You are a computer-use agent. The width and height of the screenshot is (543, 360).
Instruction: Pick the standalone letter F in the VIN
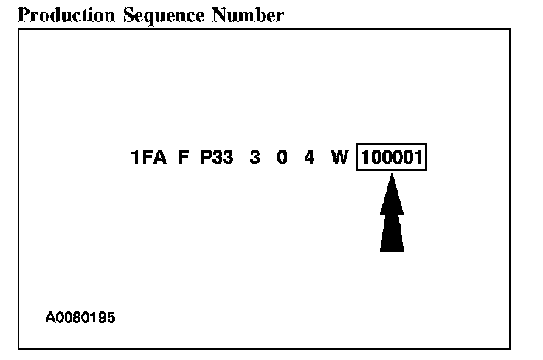click(x=183, y=158)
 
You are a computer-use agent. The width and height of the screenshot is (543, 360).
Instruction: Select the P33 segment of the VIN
click(x=217, y=158)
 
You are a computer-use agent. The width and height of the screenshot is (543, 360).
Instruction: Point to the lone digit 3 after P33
click(x=255, y=158)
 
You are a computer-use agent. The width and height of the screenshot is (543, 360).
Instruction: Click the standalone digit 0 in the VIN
click(x=282, y=158)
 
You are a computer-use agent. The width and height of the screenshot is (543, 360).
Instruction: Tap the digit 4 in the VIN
click(x=309, y=158)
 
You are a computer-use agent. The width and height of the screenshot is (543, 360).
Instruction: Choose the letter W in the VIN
click(x=339, y=158)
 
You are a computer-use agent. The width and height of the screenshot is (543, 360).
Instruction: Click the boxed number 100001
click(x=392, y=158)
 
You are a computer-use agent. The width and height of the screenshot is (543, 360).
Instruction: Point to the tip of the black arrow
click(x=392, y=176)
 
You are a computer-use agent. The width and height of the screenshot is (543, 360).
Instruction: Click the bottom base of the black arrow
click(x=392, y=249)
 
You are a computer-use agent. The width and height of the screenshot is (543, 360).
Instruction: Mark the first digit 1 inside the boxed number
click(x=366, y=158)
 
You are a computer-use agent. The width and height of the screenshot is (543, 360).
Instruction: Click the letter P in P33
click(x=207, y=158)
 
